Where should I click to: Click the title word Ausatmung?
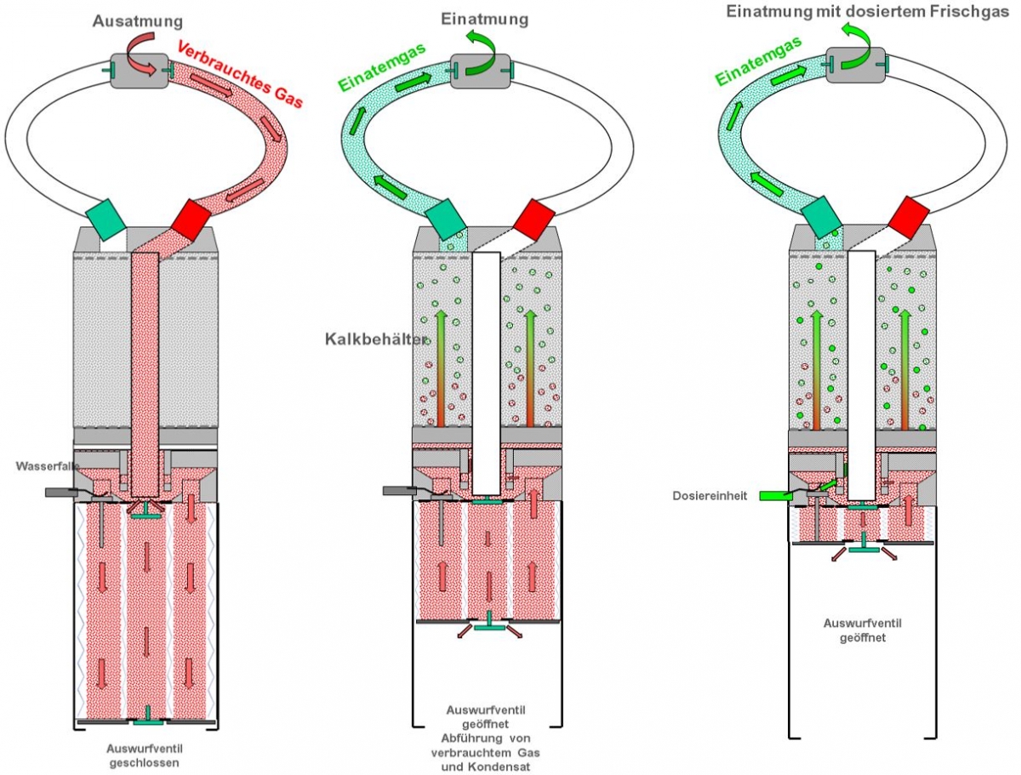(138, 21)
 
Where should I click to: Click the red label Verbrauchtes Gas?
(240, 74)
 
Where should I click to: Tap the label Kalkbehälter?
(376, 339)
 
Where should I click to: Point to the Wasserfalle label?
(48, 466)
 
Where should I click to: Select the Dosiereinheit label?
(710, 496)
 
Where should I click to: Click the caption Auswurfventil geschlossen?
(144, 755)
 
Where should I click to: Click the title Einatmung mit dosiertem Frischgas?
(868, 12)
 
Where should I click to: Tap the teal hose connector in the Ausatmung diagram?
(106, 219)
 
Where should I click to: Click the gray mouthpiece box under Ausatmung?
(139, 71)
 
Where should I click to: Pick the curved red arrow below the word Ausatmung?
(143, 54)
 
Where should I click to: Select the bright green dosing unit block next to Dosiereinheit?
(776, 496)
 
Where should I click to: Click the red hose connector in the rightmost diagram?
(909, 218)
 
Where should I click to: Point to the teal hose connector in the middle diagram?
(446, 219)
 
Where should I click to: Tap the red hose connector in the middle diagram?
(534, 219)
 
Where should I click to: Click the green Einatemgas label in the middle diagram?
(382, 66)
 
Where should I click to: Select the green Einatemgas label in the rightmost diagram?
(759, 60)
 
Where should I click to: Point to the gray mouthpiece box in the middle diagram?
(480, 71)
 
